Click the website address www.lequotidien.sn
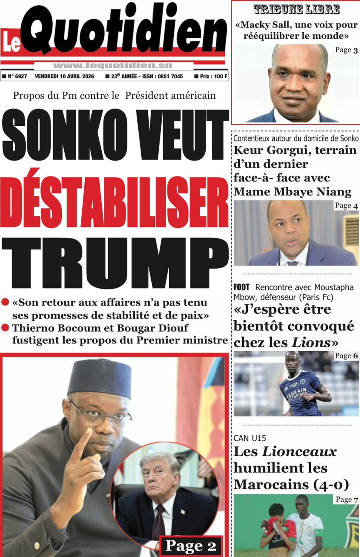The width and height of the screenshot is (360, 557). [x=113, y=65]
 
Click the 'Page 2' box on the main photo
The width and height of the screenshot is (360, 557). [x=191, y=546]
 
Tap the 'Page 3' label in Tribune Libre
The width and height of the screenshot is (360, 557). [x=346, y=50]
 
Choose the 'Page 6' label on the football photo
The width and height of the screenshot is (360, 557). [x=346, y=356]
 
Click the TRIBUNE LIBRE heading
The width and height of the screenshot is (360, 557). [x=297, y=10]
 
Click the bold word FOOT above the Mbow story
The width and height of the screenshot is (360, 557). [x=242, y=288]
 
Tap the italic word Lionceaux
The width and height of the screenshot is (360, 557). [x=299, y=452]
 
